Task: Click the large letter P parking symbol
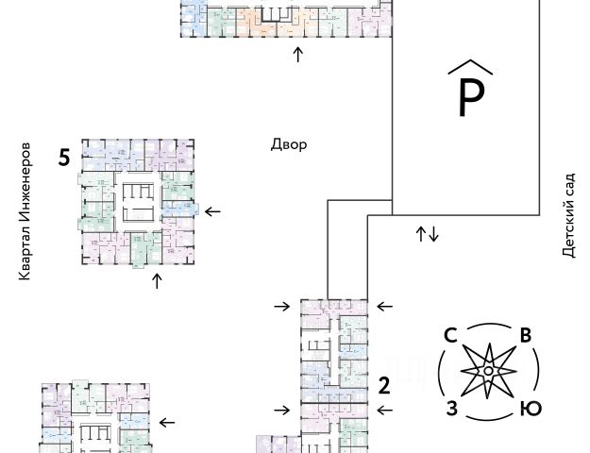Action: (x=470, y=97)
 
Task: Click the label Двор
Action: (x=289, y=145)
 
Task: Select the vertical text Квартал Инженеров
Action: (x=25, y=211)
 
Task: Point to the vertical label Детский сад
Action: (x=567, y=211)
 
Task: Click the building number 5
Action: (x=63, y=158)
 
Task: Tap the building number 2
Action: (x=384, y=384)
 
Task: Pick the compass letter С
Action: (x=450, y=335)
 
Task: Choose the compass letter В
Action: (x=526, y=335)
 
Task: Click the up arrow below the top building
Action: (x=298, y=54)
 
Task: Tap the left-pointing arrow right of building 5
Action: (x=212, y=211)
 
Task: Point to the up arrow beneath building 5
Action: (x=157, y=280)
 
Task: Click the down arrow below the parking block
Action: (x=433, y=234)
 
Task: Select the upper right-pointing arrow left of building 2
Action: (x=281, y=306)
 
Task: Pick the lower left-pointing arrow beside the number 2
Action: (x=384, y=411)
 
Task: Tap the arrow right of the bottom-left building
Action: (x=168, y=423)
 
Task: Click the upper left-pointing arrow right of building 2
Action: (x=384, y=306)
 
